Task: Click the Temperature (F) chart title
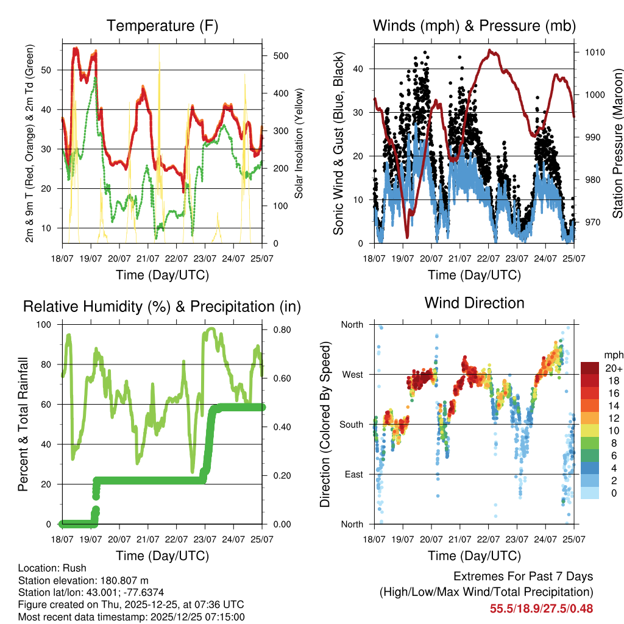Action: tap(162, 26)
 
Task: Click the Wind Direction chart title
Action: tap(474, 303)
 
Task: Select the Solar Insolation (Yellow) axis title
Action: tap(299, 143)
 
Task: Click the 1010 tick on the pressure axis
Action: tap(594, 52)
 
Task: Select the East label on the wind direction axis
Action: tap(353, 474)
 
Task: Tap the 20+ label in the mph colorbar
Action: tap(614, 368)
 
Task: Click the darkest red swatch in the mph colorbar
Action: tap(589, 368)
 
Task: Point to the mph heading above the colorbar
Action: tap(613, 355)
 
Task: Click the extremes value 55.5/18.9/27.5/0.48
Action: tap(541, 608)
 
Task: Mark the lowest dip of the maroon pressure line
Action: tap(407, 236)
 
